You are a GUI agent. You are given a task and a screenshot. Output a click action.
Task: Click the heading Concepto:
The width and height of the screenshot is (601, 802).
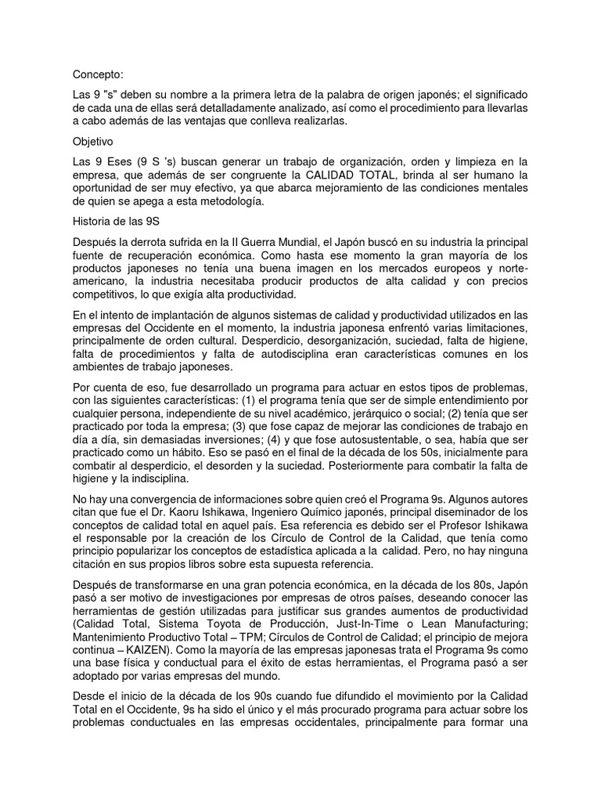point(98,74)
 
